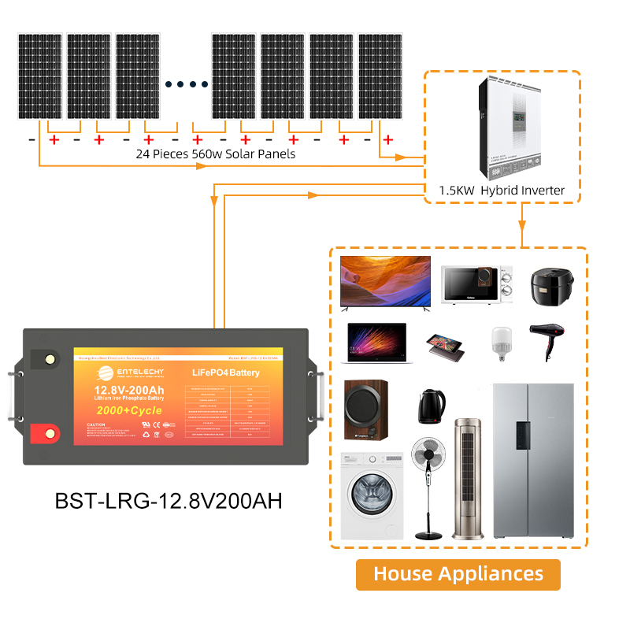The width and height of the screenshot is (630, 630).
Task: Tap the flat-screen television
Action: (384, 281)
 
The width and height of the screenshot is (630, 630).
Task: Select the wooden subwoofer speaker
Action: (366, 410)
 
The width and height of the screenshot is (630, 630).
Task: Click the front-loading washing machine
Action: (371, 496)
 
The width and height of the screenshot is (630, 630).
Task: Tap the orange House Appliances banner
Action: (458, 574)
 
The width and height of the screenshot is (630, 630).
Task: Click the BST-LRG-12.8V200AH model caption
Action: (169, 500)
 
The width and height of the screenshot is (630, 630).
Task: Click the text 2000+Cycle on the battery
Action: (129, 410)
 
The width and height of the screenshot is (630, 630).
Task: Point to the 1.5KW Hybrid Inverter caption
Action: (502, 191)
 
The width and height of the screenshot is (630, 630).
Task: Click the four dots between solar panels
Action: (187, 84)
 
